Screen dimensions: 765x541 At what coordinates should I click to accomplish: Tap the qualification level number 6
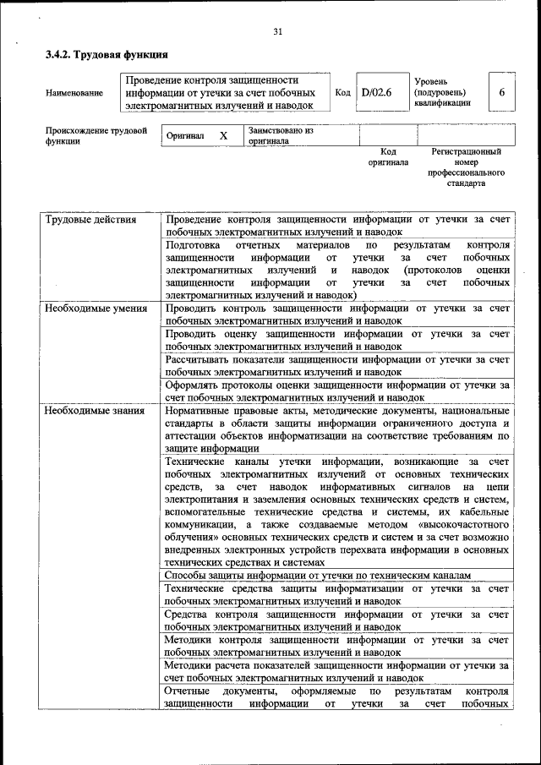click(501, 92)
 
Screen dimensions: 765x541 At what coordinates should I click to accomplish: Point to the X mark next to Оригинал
click(223, 136)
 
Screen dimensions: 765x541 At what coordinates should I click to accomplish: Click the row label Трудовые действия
click(90, 220)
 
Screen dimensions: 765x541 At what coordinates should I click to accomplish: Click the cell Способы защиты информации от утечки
click(317, 576)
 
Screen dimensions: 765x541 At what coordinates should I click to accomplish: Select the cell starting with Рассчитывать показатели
click(337, 365)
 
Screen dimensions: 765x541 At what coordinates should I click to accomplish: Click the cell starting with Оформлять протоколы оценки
click(337, 391)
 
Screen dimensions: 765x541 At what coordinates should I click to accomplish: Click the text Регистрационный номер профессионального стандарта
click(466, 167)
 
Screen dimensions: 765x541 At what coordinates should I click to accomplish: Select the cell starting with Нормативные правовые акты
click(337, 429)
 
